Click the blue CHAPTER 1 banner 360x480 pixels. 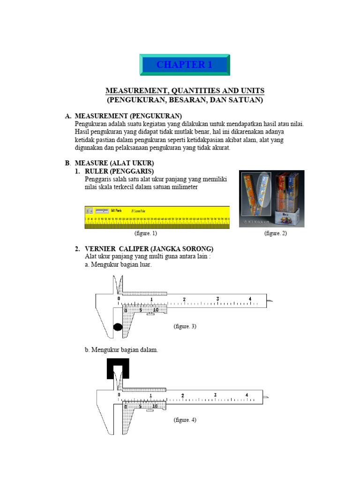pos(184,65)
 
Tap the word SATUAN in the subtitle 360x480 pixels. pos(247,100)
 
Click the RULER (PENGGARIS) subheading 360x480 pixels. pos(120,171)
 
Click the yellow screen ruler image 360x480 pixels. pos(157,217)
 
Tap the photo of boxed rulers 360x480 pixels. pos(271,199)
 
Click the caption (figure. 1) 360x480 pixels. pos(145,233)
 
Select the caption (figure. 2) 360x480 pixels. pos(275,233)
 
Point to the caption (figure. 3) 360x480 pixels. pos(185,326)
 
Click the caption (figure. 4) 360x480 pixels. pos(185,420)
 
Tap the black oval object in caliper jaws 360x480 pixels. pos(118,327)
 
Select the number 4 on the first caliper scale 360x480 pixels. pos(250,299)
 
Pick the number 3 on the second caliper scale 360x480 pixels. pos(215,395)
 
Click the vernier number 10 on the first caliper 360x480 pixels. pos(156,309)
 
